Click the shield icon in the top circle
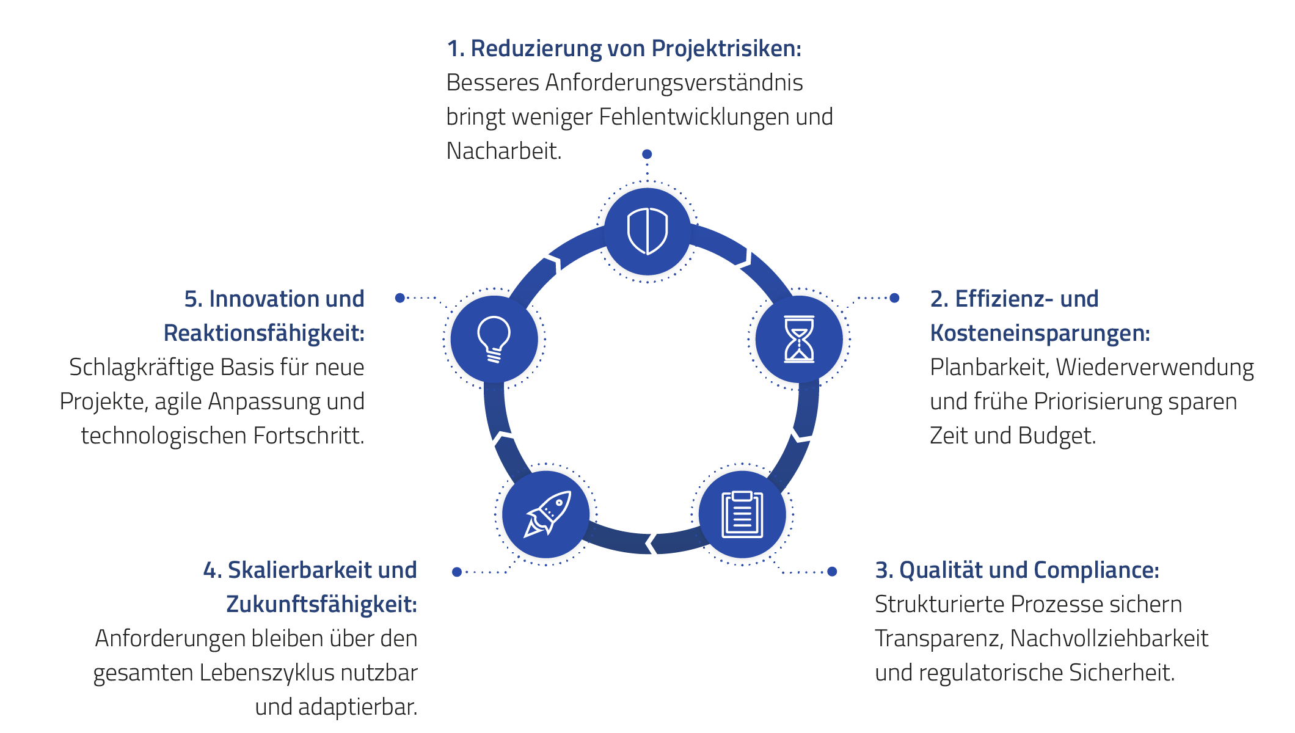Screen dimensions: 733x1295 pyautogui.click(x=647, y=231)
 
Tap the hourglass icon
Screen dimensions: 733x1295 pyautogui.click(x=799, y=339)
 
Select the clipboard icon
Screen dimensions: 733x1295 pyautogui.click(x=742, y=514)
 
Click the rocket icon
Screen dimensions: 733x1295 pyautogui.click(x=547, y=514)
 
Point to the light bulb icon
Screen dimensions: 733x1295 pyautogui.click(x=494, y=339)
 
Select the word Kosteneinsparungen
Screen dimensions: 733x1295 pyautogui.click(x=1040, y=334)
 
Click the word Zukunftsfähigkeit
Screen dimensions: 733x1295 pyautogui.click(x=321, y=605)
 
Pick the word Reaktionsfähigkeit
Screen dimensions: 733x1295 pyautogui.click(x=264, y=334)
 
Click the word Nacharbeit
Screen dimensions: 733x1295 pyautogui.click(x=503, y=151)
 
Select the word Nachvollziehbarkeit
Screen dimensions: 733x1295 pyautogui.click(x=1109, y=639)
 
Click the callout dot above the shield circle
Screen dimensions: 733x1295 pyautogui.click(x=647, y=154)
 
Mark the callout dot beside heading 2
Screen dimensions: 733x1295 pyautogui.click(x=894, y=298)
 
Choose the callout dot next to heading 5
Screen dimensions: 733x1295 pyautogui.click(x=400, y=298)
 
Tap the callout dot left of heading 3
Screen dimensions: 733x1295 pyautogui.click(x=832, y=572)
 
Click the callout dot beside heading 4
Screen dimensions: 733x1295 pyautogui.click(x=457, y=572)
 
